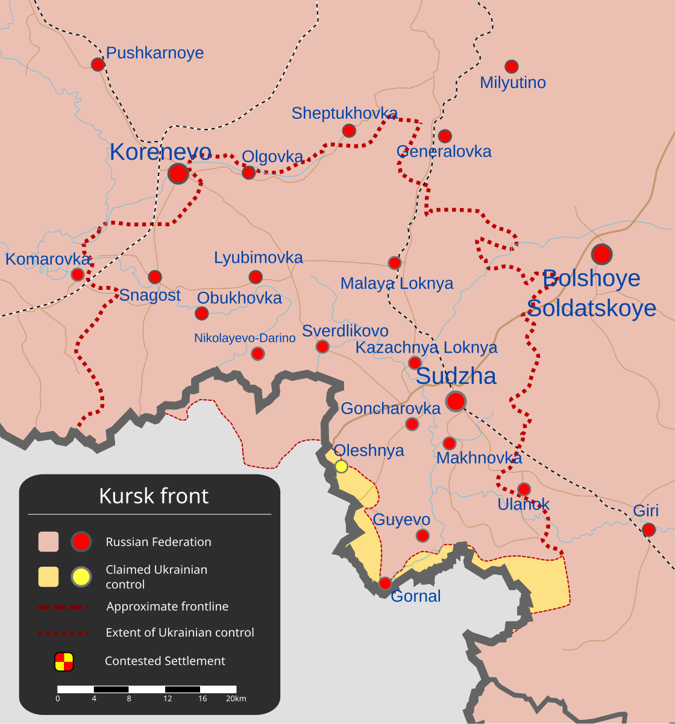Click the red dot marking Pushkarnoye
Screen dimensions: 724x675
point(98,64)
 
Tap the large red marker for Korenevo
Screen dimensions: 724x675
point(178,174)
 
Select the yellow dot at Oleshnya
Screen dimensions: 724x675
point(341,466)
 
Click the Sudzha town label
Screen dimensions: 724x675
point(456,376)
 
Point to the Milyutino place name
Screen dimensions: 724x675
point(513,83)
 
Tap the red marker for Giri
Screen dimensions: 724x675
point(648,530)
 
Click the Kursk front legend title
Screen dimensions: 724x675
point(154,496)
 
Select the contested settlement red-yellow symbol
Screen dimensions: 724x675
point(64,661)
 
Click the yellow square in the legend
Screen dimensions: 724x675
point(48,577)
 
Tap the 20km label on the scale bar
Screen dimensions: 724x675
point(236,699)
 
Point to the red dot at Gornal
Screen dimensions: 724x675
point(385,583)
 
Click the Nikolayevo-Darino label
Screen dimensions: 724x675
point(245,338)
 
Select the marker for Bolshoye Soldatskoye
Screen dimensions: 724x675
point(601,254)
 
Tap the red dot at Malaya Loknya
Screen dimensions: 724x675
point(395,263)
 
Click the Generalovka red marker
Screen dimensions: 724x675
point(445,136)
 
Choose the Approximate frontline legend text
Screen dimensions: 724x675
point(168,606)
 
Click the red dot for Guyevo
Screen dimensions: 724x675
point(423,535)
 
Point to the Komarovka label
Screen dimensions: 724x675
point(48,259)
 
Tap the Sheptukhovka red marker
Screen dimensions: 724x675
point(349,130)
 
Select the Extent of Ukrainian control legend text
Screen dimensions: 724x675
point(180,633)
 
